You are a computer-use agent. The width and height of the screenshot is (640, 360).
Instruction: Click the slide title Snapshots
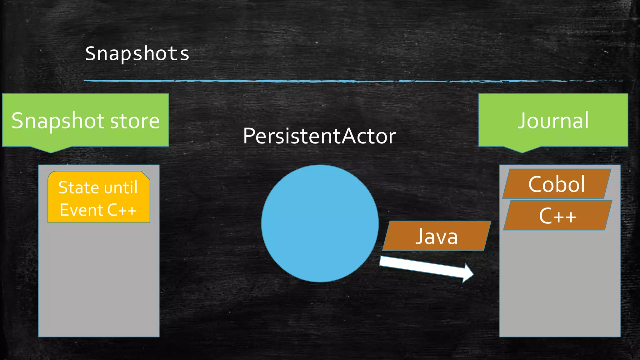(137, 53)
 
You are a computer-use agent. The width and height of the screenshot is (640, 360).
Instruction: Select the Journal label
(553, 120)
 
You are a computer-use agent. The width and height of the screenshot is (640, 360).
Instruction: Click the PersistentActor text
(319, 136)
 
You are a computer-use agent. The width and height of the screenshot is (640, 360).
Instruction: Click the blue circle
(320, 223)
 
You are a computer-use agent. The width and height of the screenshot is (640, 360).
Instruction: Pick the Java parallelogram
(436, 236)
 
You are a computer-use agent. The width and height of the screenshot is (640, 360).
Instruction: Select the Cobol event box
(557, 184)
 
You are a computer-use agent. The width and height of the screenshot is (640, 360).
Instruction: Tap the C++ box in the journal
(557, 216)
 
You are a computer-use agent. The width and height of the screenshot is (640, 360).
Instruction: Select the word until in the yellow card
(121, 187)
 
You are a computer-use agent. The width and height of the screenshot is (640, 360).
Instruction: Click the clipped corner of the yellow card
(146, 175)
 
